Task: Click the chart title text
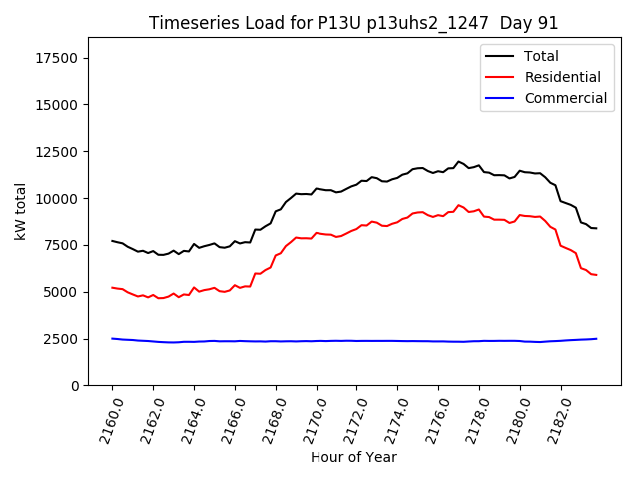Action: (x=353, y=23)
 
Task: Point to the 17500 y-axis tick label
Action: (x=57, y=58)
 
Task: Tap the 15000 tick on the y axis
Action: (x=57, y=105)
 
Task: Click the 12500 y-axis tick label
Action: (x=57, y=152)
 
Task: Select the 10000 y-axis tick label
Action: (x=57, y=199)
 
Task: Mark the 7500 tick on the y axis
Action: (x=61, y=246)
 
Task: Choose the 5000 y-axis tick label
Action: (x=61, y=292)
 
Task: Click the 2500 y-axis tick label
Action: (x=61, y=339)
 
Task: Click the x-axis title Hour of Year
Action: (x=353, y=457)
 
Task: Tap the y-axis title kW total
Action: (x=20, y=211)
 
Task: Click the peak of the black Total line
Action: (x=458, y=161)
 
